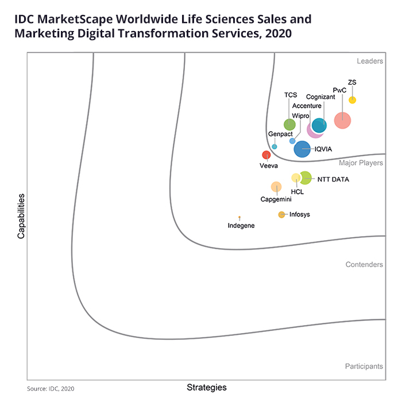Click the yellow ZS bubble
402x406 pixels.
coord(353,100)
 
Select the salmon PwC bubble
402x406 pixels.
coord(342,120)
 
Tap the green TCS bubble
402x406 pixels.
coord(290,125)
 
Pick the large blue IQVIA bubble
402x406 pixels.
coord(302,149)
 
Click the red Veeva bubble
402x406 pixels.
coord(266,154)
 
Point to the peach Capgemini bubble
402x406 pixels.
coord(276,187)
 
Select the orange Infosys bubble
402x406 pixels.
coord(281,215)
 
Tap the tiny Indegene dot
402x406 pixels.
coord(239,218)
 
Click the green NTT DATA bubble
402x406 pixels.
coord(306,178)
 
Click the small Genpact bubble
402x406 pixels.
coord(275,146)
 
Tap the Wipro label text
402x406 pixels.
coord(300,116)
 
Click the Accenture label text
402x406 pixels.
coord(307,106)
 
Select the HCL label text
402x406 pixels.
coord(297,191)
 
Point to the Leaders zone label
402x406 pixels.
coord(370,61)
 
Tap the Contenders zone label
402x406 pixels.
coord(364,265)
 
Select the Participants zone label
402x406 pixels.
coord(364,366)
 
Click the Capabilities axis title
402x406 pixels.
coord(21,216)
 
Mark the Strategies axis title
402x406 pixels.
coord(207,388)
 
